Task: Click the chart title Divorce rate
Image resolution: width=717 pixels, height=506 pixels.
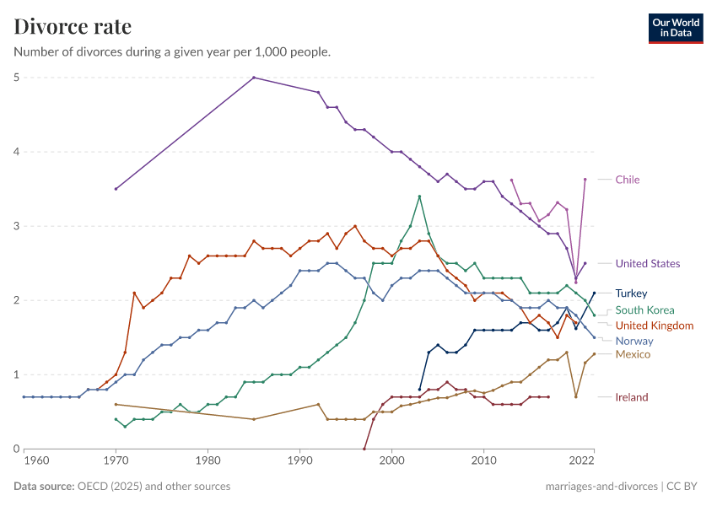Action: point(73,27)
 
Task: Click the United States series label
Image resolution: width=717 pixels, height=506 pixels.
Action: point(647,263)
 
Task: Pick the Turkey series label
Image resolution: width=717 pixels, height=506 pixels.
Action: point(631,293)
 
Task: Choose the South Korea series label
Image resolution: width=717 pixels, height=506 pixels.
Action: point(644,310)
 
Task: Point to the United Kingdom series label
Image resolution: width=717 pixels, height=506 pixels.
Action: point(654,326)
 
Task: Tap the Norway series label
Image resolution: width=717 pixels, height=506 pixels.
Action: point(634,341)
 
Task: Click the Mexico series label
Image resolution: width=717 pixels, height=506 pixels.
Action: point(633,354)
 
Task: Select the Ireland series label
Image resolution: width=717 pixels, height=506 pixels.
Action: point(632,397)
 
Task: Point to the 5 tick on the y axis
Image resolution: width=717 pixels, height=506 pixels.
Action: point(16,78)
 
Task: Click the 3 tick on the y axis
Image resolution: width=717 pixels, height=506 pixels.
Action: point(16,226)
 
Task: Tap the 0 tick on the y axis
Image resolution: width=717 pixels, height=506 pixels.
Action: point(16,449)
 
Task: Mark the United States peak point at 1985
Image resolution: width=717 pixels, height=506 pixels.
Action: point(254,78)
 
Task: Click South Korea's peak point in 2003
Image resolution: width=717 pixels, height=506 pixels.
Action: point(419,196)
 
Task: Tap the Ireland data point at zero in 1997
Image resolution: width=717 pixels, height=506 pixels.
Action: point(364,449)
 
